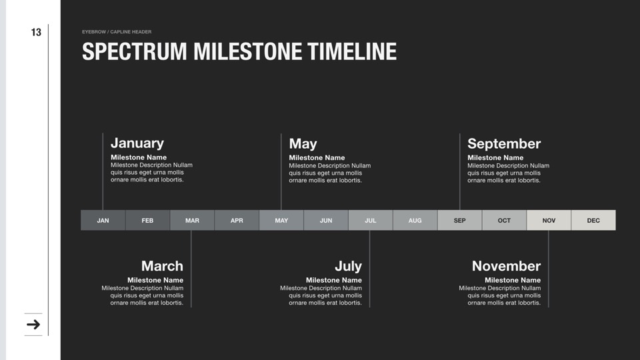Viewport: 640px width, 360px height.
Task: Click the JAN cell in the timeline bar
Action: point(103,221)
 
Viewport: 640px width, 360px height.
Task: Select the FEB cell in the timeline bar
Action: point(147,221)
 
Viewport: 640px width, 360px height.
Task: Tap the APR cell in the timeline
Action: point(237,221)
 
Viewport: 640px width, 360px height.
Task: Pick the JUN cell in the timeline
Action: point(326,221)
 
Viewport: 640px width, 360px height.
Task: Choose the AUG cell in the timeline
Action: point(415,221)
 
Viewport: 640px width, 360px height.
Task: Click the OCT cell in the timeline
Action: point(504,221)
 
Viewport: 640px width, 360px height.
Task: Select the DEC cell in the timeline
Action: point(593,221)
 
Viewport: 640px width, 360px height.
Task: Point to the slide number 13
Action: point(36,32)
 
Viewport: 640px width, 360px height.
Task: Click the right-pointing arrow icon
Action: point(33,325)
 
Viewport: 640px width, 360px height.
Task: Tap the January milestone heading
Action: point(137,143)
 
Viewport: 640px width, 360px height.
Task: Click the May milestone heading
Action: point(303,144)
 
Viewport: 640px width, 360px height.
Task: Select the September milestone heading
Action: point(504,144)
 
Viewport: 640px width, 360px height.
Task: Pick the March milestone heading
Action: point(162,266)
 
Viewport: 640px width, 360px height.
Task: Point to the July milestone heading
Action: point(348,267)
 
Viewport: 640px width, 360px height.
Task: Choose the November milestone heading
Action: point(506,266)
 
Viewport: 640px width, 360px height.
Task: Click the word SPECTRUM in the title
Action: point(134,51)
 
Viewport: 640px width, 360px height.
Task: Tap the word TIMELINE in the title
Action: point(352,51)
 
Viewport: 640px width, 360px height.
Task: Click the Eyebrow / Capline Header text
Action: point(117,32)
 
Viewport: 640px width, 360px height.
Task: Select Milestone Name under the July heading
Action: point(334,280)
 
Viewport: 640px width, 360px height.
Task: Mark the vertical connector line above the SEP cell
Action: point(459,172)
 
